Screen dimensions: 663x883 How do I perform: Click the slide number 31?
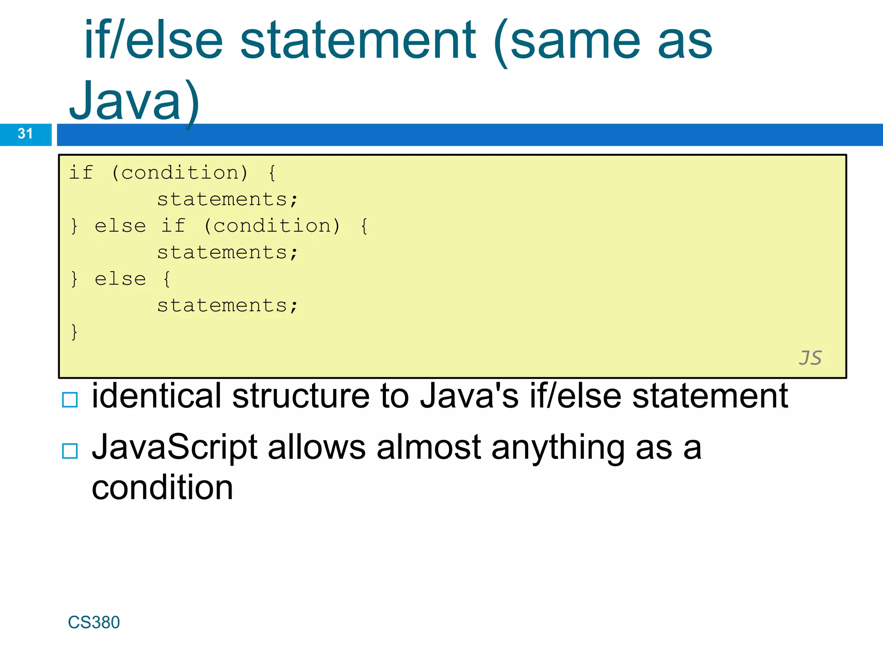pos(25,134)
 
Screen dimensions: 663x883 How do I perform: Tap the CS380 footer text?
pos(94,622)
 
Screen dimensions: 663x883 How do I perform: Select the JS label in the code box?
pos(810,358)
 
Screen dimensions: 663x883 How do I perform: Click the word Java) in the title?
pos(134,102)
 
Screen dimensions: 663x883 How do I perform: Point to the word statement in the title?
pos(357,41)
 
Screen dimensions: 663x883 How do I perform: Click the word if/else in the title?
pos(153,41)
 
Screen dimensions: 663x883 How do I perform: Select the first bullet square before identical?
pos(70,400)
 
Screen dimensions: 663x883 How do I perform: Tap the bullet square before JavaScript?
pos(70,451)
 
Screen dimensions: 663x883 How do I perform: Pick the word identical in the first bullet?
pos(157,396)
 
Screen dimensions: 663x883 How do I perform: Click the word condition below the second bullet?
pos(162,488)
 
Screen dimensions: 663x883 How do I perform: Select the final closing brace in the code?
pos(74,332)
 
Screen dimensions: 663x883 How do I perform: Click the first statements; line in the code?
pos(227,200)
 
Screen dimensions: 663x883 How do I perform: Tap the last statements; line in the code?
pos(227,306)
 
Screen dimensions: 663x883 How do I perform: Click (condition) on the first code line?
pos(179,173)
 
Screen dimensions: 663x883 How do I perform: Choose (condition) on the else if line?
pos(272,226)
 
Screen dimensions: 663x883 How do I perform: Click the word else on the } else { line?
pos(120,279)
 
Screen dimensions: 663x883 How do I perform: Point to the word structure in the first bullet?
pos(301,396)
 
